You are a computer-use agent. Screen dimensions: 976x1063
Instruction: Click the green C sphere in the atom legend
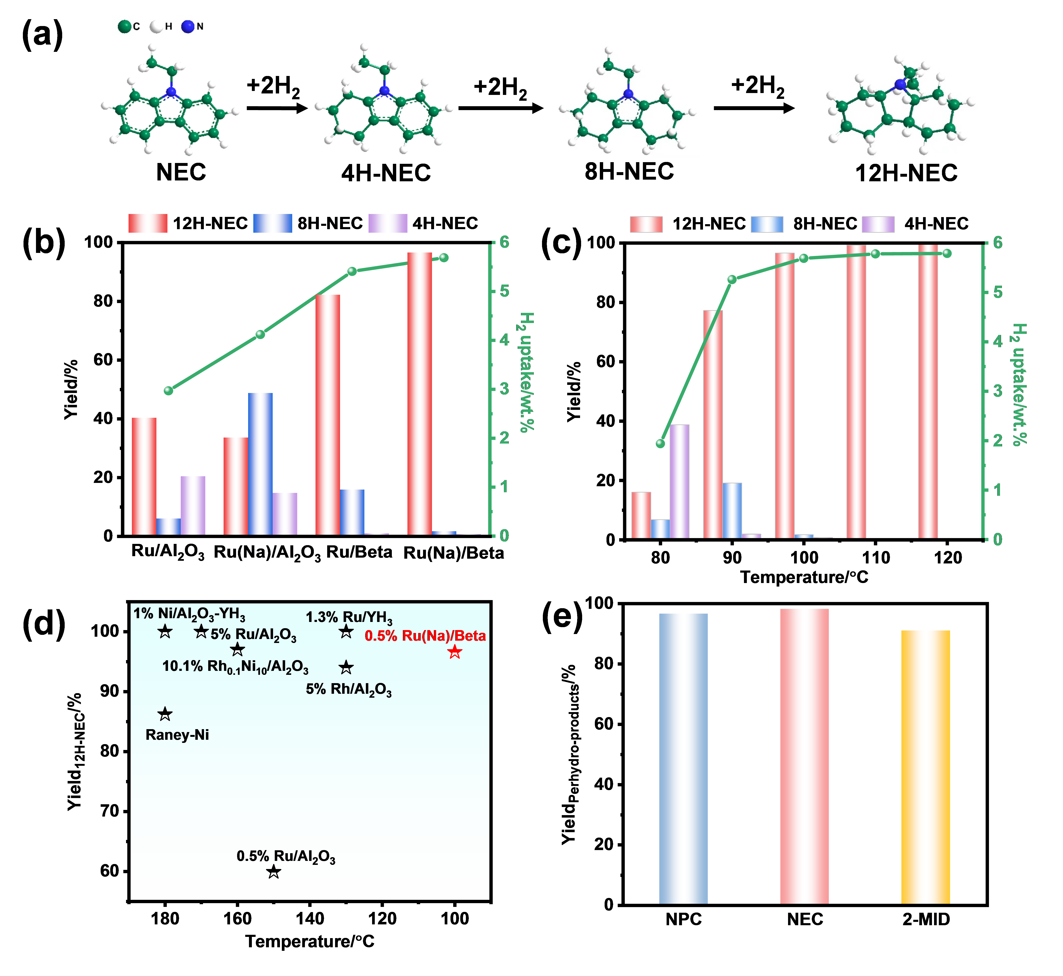pyautogui.click(x=125, y=26)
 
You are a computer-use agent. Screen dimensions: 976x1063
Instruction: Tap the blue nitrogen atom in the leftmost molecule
pyautogui.click(x=171, y=92)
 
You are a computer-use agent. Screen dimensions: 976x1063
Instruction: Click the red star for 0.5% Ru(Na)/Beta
pyautogui.click(x=454, y=652)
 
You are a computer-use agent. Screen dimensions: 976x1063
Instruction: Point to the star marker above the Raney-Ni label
pyautogui.click(x=165, y=714)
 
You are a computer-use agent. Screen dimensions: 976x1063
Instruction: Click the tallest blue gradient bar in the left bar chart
pyautogui.click(x=260, y=464)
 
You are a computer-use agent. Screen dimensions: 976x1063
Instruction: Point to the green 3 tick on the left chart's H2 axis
pyautogui.click(x=504, y=389)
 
